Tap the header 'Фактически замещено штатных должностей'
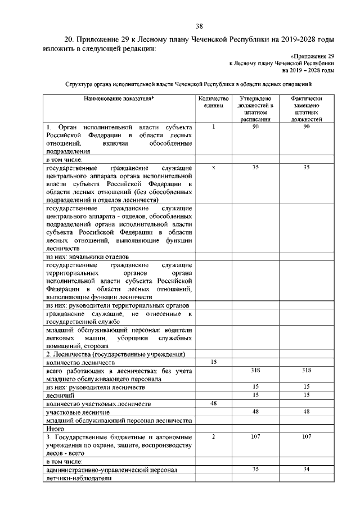click(x=307, y=109)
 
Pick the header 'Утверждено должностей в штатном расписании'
click(x=255, y=109)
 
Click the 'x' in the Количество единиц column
click(x=214, y=168)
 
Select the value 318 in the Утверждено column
click(x=255, y=371)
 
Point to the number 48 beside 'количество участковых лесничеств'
click(x=214, y=404)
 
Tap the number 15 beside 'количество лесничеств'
click(x=214, y=363)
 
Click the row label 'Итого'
click(x=55, y=428)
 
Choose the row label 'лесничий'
click(x=59, y=395)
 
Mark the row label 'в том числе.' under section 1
click(x=65, y=160)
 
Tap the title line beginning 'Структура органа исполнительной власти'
click(x=188, y=84)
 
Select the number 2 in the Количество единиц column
click(x=214, y=436)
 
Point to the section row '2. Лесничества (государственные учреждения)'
click(x=115, y=354)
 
